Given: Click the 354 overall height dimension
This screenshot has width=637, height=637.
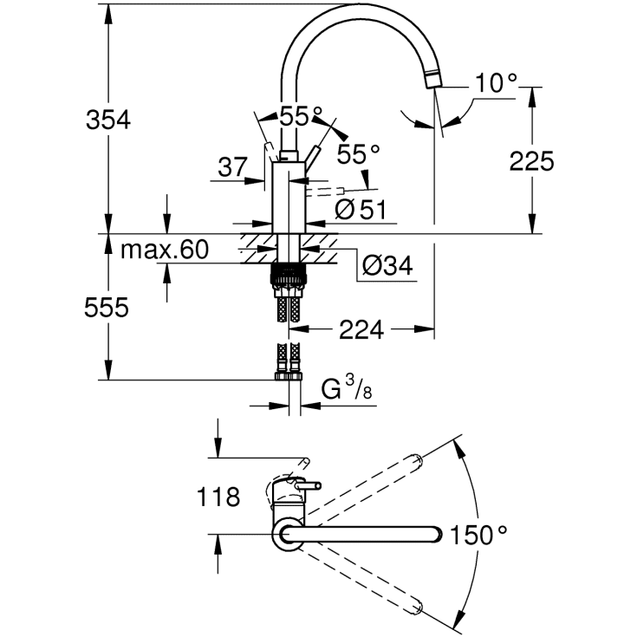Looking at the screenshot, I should tap(107, 120).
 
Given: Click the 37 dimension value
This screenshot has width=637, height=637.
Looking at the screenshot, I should tap(232, 167).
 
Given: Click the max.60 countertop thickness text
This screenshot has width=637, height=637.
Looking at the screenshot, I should tap(164, 250).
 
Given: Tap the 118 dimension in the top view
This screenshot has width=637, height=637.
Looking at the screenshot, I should tap(218, 497).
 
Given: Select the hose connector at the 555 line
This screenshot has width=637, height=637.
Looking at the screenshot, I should tap(288, 374).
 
